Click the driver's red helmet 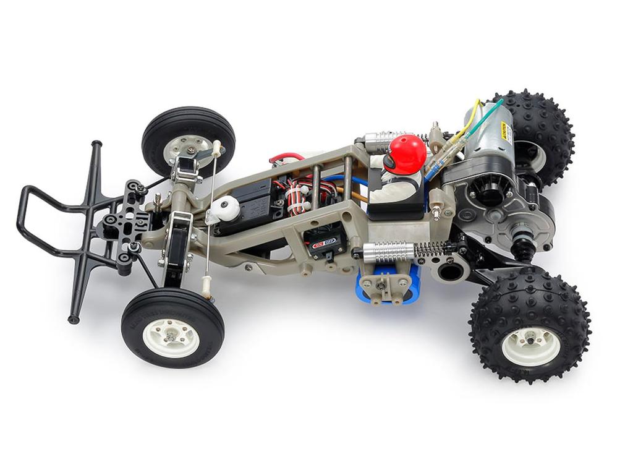tap(409, 152)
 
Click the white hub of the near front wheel tap(171, 337)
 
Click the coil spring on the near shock tap(433, 249)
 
